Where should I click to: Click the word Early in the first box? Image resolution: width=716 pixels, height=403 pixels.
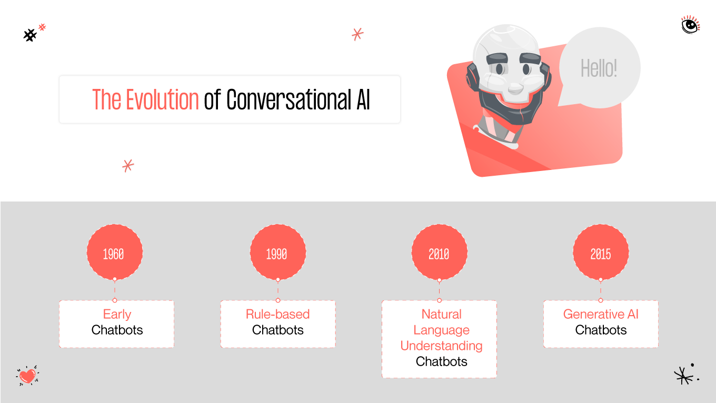pyautogui.click(x=117, y=315)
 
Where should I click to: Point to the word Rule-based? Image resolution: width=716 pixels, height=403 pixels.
pyautogui.click(x=277, y=315)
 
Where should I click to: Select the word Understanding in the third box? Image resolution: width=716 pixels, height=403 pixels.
pyautogui.click(x=441, y=346)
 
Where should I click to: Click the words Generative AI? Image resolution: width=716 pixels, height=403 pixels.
pyautogui.click(x=601, y=315)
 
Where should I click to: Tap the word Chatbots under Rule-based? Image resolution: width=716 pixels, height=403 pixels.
pyautogui.click(x=277, y=330)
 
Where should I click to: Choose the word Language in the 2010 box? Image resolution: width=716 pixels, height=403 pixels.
pyautogui.click(x=441, y=330)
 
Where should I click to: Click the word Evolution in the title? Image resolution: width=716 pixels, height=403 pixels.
pyautogui.click(x=163, y=99)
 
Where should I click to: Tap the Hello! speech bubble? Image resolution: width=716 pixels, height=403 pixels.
pyautogui.click(x=599, y=68)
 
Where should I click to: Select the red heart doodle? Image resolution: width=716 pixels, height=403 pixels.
pyautogui.click(x=27, y=376)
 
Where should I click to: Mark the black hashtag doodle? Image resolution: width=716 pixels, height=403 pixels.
pyautogui.click(x=30, y=35)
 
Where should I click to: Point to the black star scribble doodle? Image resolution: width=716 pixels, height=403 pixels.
pyautogui.click(x=683, y=375)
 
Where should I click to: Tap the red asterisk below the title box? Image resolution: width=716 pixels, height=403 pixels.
pyautogui.click(x=128, y=166)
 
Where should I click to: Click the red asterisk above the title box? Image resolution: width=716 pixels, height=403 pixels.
pyautogui.click(x=357, y=34)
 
